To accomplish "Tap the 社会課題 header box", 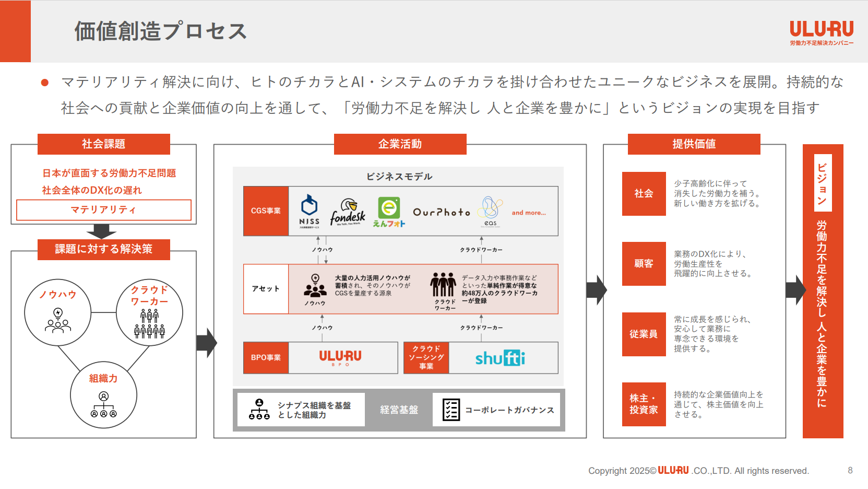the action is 103,144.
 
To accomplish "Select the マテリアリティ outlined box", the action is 103,210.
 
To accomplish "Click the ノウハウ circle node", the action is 58,312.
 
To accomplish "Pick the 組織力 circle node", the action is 103,395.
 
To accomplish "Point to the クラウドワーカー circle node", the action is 149,312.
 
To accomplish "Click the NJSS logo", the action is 309,211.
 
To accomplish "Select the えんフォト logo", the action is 389,212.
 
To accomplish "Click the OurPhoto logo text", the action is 442,212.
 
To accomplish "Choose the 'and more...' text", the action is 528,213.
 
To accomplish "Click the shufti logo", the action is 500,358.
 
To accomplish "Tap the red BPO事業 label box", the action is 266,358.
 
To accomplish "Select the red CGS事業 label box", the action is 266,211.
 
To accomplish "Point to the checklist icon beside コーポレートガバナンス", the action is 451,410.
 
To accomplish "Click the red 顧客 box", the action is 644,264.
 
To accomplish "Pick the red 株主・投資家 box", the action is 644,404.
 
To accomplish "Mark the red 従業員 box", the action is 644,334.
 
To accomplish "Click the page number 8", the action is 850,470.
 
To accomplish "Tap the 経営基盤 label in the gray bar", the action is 399,410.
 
